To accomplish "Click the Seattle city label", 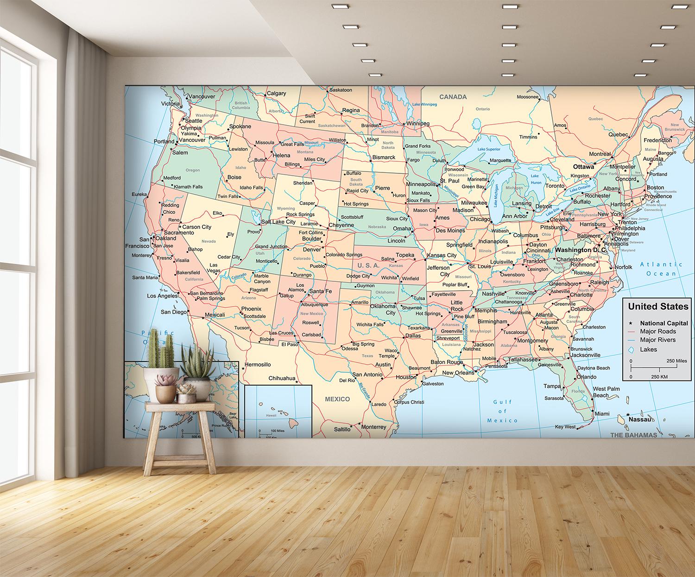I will pyautogui.click(x=194, y=121).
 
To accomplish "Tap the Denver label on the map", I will pyautogui.click(x=312, y=249).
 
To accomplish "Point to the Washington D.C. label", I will pyautogui.click(x=582, y=250).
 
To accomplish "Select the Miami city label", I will pyautogui.click(x=602, y=413).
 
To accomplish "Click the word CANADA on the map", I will pyautogui.click(x=453, y=97).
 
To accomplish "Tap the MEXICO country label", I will pyautogui.click(x=337, y=399).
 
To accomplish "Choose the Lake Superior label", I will pyautogui.click(x=489, y=149).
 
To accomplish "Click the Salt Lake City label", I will pyautogui.click(x=278, y=222).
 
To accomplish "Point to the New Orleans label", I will pyautogui.click(x=458, y=373).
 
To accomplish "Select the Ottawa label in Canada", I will pyautogui.click(x=583, y=166).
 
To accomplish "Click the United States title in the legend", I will pyautogui.click(x=658, y=306).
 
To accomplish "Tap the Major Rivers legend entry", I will pyautogui.click(x=657, y=340).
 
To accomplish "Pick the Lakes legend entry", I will pyautogui.click(x=648, y=349).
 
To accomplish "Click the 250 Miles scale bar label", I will pyautogui.click(x=676, y=361).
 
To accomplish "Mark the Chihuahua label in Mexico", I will pyautogui.click(x=282, y=378).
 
